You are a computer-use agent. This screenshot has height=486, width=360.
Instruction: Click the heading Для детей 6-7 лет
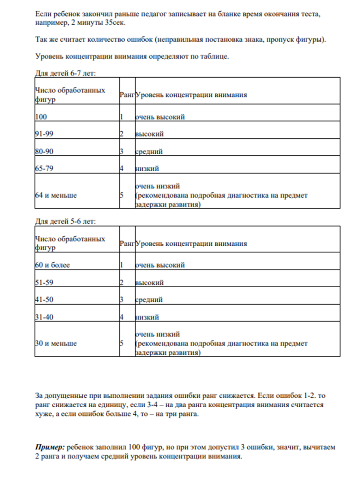65,73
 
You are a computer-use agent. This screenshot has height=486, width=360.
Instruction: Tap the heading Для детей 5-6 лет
65,221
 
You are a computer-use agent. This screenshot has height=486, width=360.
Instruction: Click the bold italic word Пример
49,447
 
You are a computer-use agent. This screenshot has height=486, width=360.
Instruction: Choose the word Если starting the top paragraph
43,14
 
